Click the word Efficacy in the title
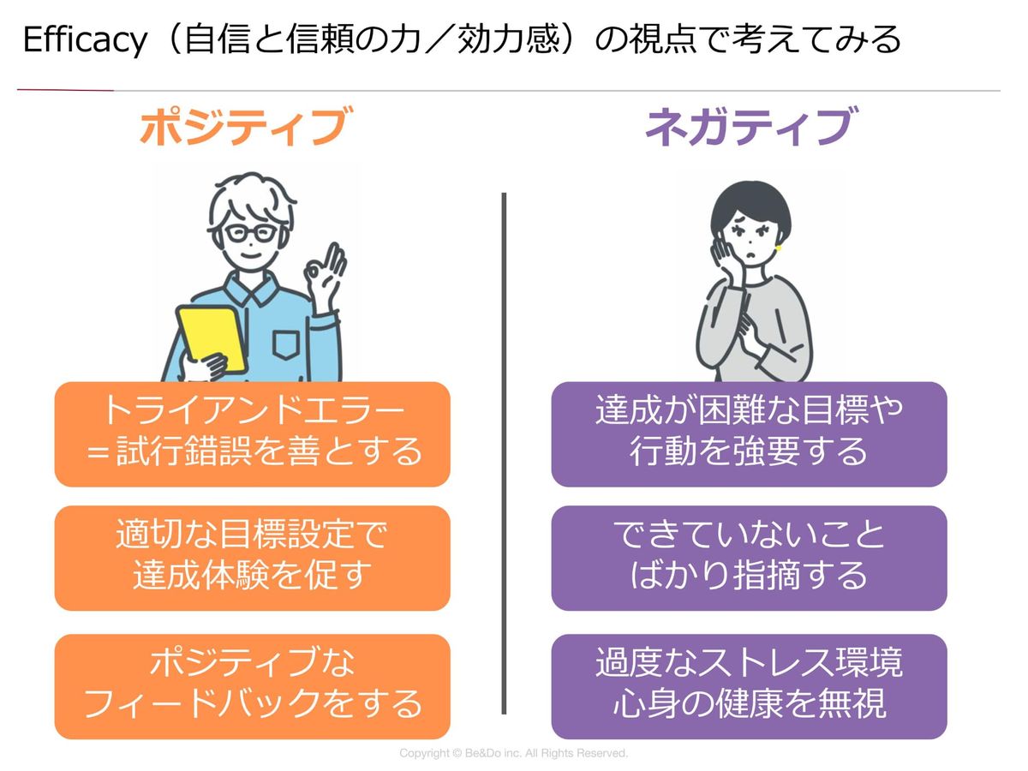click(84, 40)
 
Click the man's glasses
click(251, 232)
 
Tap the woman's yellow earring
click(779, 249)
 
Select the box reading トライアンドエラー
click(252, 433)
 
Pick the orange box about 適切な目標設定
click(252, 558)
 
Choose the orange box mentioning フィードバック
click(252, 686)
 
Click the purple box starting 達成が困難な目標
click(749, 433)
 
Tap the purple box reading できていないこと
click(749, 558)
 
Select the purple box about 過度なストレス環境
click(749, 686)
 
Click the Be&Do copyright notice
click(514, 754)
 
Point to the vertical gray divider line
click(504, 454)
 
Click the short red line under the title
click(65, 90)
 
